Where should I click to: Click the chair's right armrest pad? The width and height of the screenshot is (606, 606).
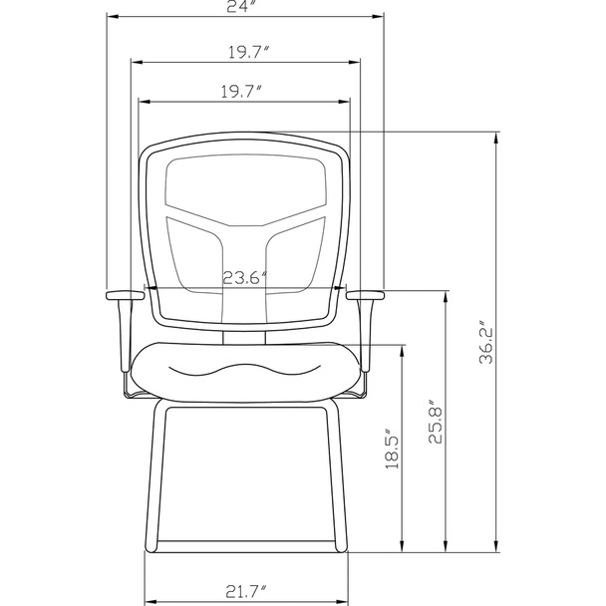(366, 295)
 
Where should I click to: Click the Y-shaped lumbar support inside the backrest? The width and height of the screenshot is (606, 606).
(244, 239)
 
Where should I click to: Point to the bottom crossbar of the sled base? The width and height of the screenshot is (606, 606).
(244, 547)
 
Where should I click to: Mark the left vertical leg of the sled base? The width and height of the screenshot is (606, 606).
(154, 478)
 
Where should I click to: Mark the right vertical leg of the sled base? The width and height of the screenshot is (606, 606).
(335, 478)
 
